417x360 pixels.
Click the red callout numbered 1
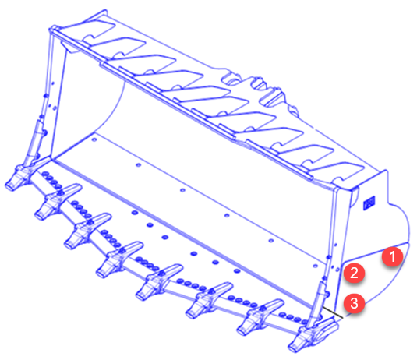tap(393, 256)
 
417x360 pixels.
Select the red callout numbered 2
tap(354, 273)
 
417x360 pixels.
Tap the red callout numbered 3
tap(354, 302)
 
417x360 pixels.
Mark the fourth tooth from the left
tap(119, 259)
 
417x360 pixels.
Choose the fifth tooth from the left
tap(159, 282)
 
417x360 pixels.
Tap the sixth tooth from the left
tap(209, 300)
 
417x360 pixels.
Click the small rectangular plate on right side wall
tap(369, 203)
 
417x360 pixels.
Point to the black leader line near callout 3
tap(332, 312)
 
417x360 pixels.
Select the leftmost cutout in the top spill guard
tap(98, 30)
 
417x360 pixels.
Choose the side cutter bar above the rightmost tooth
tap(318, 302)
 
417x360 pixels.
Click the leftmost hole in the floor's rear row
tap(94, 139)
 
